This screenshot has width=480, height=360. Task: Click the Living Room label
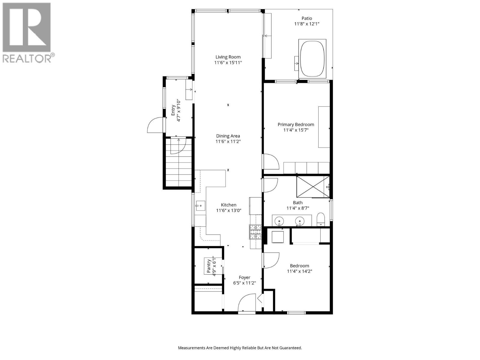[228, 57]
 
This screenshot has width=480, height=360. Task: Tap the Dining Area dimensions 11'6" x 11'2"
[228, 142]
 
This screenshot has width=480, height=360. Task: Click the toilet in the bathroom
[321, 219]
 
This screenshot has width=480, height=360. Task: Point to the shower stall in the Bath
[313, 187]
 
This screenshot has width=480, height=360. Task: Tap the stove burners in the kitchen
[255, 232]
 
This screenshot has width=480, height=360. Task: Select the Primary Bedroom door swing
[271, 161]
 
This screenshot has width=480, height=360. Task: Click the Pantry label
[209, 266]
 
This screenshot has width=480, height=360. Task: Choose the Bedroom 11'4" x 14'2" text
[299, 271]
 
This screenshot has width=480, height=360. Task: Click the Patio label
[307, 18]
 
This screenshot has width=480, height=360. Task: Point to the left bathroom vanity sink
[279, 221]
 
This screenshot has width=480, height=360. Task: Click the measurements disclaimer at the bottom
[240, 348]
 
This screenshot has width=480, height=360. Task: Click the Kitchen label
[229, 205]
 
